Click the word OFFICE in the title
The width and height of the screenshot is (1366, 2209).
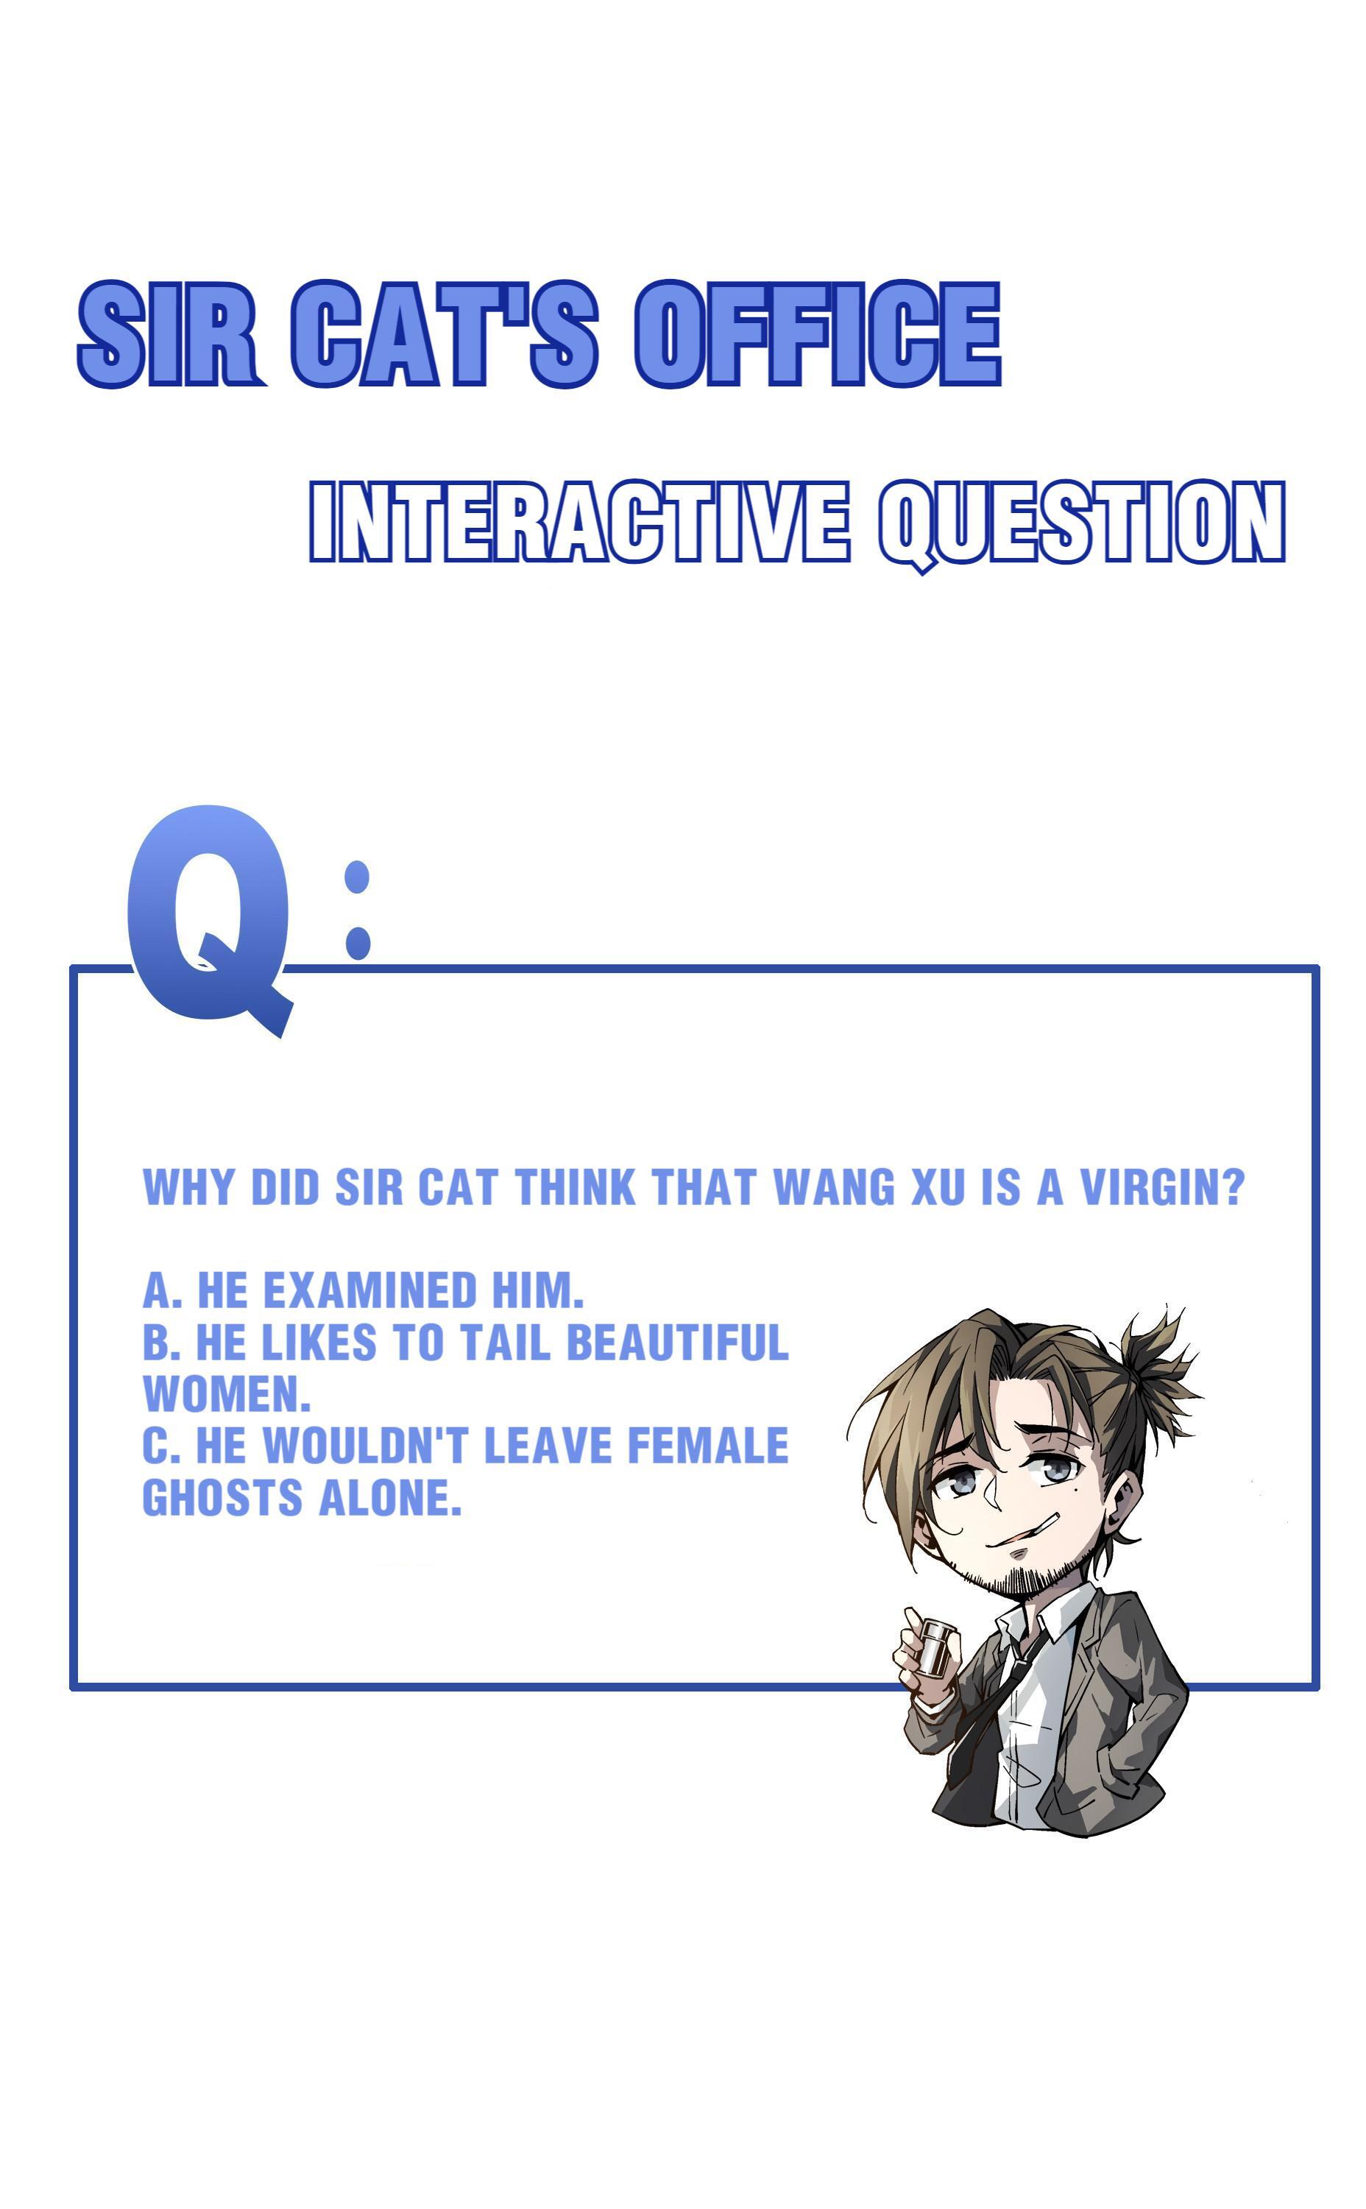(818, 333)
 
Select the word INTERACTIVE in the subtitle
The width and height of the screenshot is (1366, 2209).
(579, 521)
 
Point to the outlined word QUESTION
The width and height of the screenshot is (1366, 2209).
(1081, 525)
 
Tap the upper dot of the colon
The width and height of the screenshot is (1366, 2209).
(358, 877)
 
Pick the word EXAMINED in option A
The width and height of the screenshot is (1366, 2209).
(369, 1290)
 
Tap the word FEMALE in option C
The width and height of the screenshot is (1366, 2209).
(707, 1446)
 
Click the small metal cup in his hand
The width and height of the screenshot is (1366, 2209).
(935, 1642)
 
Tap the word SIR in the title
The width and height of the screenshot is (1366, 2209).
(171, 333)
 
